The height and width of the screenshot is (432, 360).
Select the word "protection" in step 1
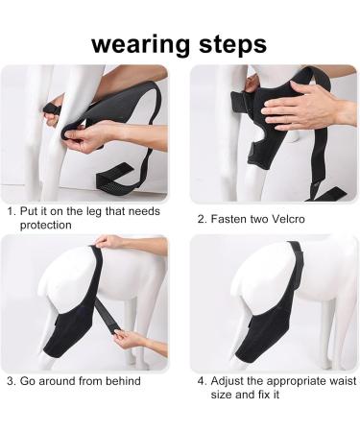pos(45,225)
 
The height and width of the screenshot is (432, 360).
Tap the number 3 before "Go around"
pos(11,381)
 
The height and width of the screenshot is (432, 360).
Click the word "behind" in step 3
pos(121,381)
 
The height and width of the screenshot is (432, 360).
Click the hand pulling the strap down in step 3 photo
pos(130,338)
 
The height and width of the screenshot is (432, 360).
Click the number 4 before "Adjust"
pos(201,381)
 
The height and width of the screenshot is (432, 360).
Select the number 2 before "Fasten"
pos(201,218)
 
